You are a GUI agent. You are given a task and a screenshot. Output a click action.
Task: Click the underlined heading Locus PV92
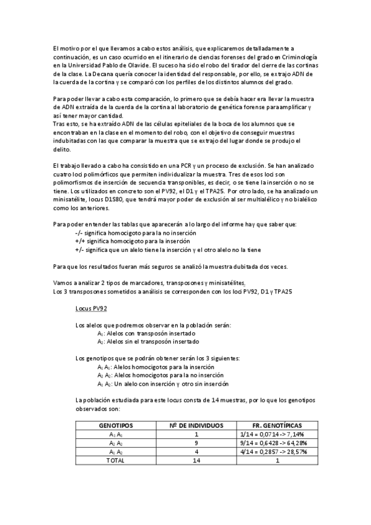[x=91, y=307]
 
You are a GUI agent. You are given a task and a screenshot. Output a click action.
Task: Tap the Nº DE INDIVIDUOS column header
[x=196, y=426]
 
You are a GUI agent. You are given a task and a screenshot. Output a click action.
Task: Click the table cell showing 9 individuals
[x=196, y=443]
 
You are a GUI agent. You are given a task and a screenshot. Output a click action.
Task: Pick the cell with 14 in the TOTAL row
[x=196, y=461]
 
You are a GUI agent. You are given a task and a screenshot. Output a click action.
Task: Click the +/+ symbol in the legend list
[x=79, y=241]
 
